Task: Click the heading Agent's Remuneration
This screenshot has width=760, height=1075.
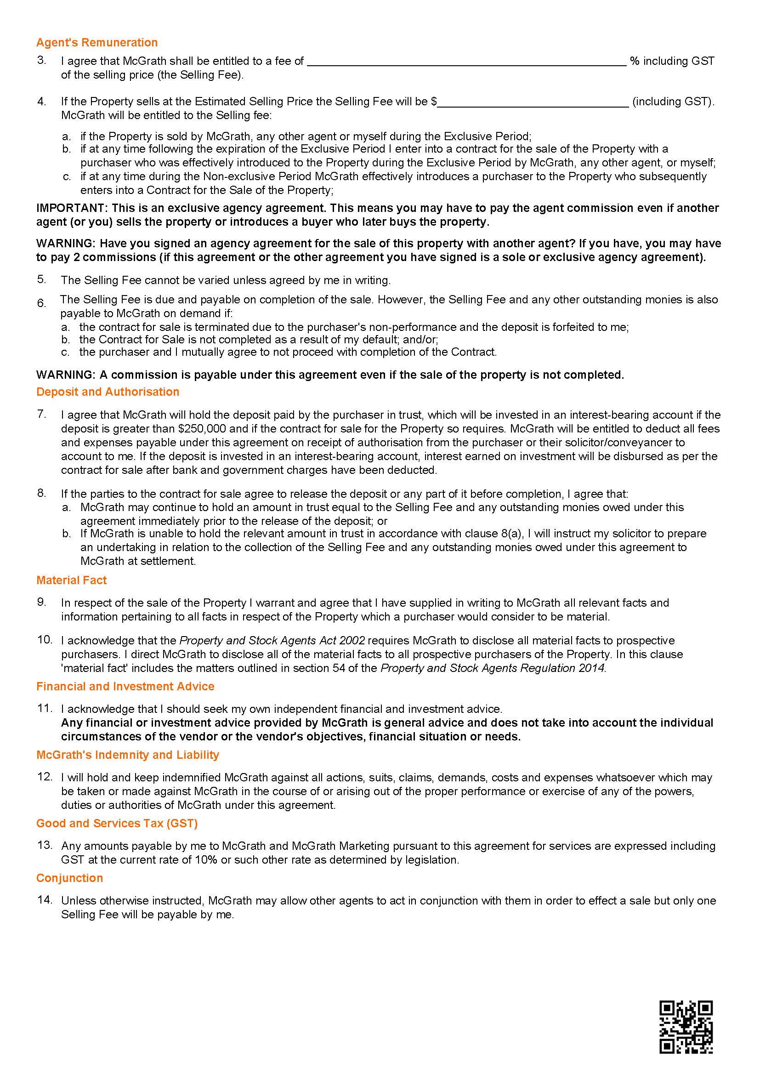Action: click(97, 43)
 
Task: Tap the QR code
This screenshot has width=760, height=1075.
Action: click(686, 1027)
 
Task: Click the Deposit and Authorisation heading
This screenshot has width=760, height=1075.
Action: click(108, 392)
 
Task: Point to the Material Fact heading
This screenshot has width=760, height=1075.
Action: click(72, 580)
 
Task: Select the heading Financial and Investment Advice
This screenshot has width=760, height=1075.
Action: click(125, 686)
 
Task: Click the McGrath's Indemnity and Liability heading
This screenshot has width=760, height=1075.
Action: click(128, 755)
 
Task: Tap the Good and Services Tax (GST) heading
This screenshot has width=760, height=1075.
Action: click(117, 823)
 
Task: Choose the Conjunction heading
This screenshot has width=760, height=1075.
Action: click(70, 878)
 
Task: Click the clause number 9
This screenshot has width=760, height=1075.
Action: click(42, 602)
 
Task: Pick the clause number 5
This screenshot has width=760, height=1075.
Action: click(42, 279)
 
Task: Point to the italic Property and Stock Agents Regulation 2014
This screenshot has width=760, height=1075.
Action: click(493, 668)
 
